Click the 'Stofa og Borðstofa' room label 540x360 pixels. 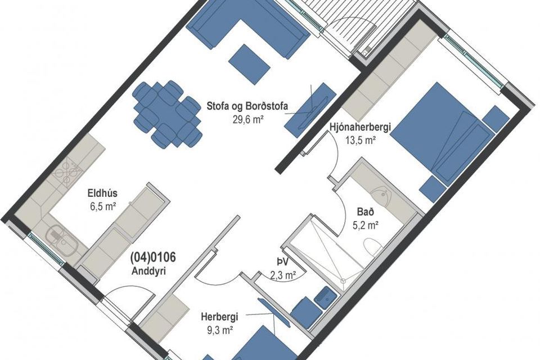[x=247, y=106]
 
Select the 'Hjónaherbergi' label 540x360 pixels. [x=360, y=128]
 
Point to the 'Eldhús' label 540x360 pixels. [x=102, y=194]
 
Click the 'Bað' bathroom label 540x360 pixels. [x=366, y=212]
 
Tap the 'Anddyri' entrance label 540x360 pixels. [x=148, y=271]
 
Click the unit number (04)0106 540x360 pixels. [x=153, y=257]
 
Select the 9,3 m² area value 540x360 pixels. [x=220, y=330]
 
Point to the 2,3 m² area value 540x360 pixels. [x=283, y=275]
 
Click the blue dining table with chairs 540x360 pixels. [x=168, y=114]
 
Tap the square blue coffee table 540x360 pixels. [x=249, y=65]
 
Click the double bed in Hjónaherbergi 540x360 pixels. [x=442, y=134]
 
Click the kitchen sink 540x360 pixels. [x=61, y=240]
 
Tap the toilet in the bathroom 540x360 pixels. [x=373, y=247]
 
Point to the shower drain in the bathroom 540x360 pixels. [x=343, y=281]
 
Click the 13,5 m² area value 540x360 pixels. [x=360, y=140]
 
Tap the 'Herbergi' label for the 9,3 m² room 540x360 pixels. [x=219, y=317]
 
